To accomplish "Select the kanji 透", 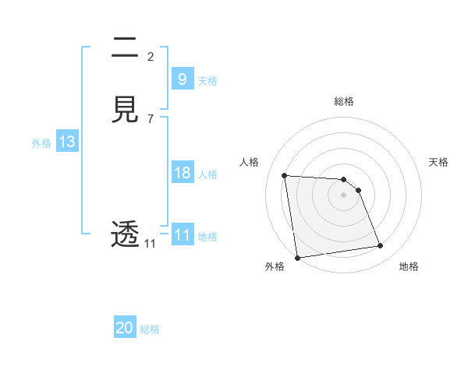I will tap(125, 234).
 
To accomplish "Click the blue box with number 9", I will tap(182, 79).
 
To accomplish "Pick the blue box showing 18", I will tap(182, 173).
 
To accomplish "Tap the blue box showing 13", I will tap(66, 142).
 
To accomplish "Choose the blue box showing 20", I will tap(125, 328).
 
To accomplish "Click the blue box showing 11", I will tap(182, 235).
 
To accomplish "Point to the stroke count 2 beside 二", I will tap(151, 56).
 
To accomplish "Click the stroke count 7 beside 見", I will tap(151, 118).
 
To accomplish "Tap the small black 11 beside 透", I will tap(150, 244).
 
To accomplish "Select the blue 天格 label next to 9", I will tap(207, 80).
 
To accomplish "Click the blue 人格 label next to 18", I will tap(207, 174).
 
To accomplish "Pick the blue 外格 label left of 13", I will tap(41, 143).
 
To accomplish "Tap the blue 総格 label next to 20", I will tap(150, 329).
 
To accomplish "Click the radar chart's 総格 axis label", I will tap(344, 101).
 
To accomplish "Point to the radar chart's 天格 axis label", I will tap(438, 162).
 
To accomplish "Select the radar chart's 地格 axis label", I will tap(409, 266).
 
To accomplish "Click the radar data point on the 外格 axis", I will tap(297, 257).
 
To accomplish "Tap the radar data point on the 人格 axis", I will tap(285, 175).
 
